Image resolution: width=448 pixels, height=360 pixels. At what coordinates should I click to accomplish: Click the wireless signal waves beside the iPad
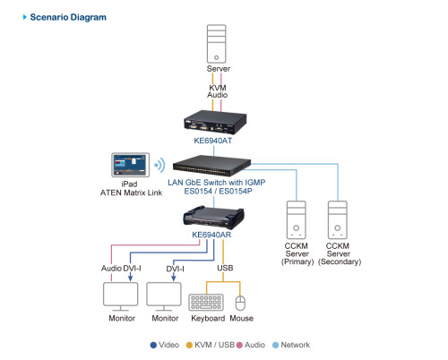[x=159, y=165]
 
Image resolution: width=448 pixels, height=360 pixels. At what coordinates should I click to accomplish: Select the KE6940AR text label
[x=211, y=236]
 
